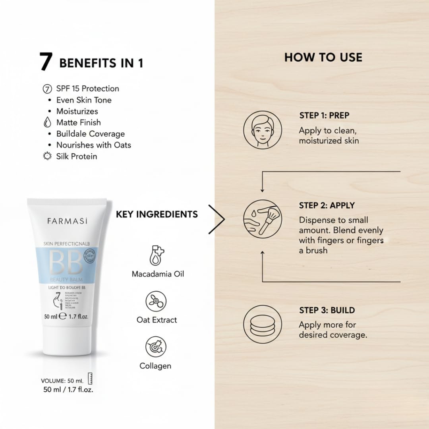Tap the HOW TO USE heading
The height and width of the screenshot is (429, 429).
click(323, 57)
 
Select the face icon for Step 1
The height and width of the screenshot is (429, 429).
click(263, 130)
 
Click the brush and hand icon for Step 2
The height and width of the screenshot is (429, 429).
click(263, 219)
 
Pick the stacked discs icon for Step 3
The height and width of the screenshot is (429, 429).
click(263, 324)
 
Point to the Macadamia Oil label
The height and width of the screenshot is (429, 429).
click(158, 274)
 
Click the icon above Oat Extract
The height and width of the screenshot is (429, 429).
click(156, 301)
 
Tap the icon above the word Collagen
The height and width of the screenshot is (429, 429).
click(156, 347)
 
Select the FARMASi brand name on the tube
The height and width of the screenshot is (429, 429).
click(67, 221)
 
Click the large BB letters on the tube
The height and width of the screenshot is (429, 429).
click(65, 263)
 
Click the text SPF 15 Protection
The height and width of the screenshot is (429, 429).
click(87, 89)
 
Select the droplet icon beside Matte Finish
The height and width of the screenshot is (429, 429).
click(47, 123)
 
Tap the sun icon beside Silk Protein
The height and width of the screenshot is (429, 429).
click(47, 157)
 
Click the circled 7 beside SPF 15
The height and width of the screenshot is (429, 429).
click(47, 89)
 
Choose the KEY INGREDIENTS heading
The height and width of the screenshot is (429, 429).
click(157, 214)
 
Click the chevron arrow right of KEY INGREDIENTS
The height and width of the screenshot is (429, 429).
click(217, 219)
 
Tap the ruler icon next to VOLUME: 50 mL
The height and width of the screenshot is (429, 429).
click(90, 379)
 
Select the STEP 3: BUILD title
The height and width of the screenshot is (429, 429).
click(327, 310)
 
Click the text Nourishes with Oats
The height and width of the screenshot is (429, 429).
click(93, 145)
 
